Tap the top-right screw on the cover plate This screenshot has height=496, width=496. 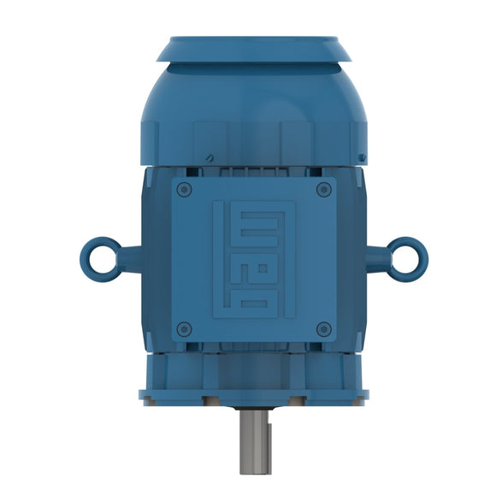coord(322,189)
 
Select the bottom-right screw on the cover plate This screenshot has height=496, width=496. coord(322,328)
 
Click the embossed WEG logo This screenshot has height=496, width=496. coord(254,258)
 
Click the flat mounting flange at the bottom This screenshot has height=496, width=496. coord(254,396)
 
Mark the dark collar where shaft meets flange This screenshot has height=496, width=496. coord(254,407)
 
